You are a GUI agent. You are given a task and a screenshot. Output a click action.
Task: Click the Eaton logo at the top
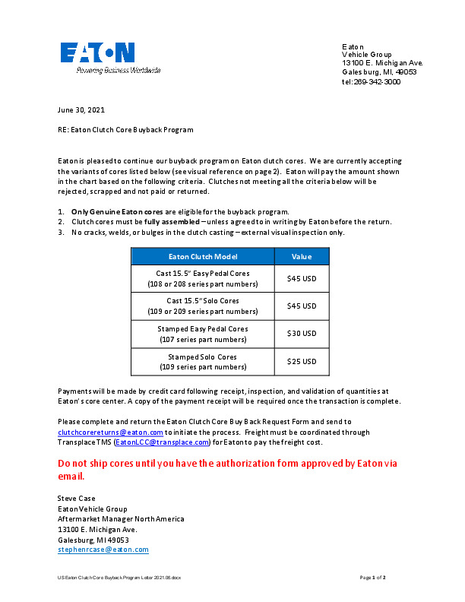pos(97,52)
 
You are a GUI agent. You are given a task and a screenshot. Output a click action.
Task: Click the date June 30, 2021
pos(81,110)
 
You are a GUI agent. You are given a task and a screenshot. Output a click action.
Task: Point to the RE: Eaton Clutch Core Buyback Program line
pos(125,130)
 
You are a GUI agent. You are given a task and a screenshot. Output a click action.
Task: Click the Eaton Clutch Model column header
pos(202,257)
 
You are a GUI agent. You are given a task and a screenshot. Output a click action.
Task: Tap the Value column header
pos(302,257)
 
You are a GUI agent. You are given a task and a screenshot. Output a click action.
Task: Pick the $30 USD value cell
pos(302,334)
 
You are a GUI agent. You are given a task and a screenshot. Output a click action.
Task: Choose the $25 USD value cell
pos(302,362)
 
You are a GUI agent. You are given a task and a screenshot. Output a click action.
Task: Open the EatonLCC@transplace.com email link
pos(162,442)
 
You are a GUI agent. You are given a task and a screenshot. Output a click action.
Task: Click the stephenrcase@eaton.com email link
pos(103,549)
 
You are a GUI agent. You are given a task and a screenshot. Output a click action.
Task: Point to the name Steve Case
pos(77,499)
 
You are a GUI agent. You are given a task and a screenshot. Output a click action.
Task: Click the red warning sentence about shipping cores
pos(227,469)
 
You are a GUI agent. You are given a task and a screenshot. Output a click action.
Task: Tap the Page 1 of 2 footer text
pos(373,578)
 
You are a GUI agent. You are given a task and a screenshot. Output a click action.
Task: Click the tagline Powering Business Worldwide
pos(118,70)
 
